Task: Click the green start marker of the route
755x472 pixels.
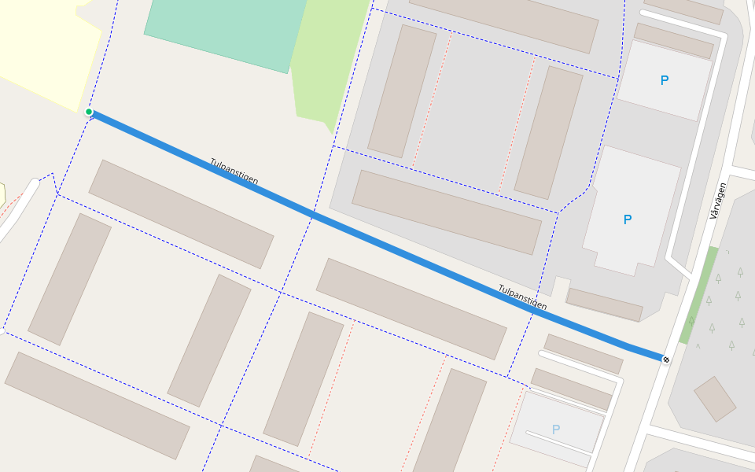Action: pyautogui.click(x=89, y=112)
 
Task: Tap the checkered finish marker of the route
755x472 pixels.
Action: pyautogui.click(x=666, y=360)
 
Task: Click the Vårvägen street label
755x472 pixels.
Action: pyautogui.click(x=717, y=201)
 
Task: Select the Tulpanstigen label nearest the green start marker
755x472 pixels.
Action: pyautogui.click(x=234, y=171)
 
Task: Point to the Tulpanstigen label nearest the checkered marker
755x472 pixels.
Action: pyautogui.click(x=522, y=297)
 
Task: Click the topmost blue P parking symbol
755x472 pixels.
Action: pyautogui.click(x=665, y=80)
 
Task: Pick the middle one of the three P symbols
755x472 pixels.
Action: pyautogui.click(x=627, y=219)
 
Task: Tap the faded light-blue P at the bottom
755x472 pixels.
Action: pyautogui.click(x=556, y=430)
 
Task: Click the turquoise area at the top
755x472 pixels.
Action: pyautogui.click(x=224, y=31)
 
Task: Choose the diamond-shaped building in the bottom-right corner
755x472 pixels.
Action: pyautogui.click(x=715, y=399)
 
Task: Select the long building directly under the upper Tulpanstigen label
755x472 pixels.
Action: pyautogui.click(x=181, y=214)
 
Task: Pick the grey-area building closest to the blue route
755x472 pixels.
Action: pyautogui.click(x=446, y=212)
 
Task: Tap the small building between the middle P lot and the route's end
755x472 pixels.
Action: pyautogui.click(x=604, y=304)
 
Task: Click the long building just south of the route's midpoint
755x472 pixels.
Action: pyautogui.click(x=411, y=308)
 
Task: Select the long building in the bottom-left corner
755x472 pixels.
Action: pyautogui.click(x=97, y=404)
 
